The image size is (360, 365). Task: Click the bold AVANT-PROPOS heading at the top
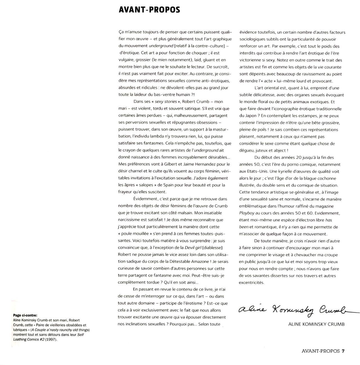(x=149, y=10)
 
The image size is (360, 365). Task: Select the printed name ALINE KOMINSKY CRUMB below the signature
(x=316, y=324)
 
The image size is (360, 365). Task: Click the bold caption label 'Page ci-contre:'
(x=25, y=315)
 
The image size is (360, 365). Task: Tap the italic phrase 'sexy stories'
(x=166, y=102)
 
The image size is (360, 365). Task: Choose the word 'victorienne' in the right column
(x=250, y=60)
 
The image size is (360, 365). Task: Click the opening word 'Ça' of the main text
(x=121, y=32)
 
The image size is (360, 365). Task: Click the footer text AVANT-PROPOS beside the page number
(x=320, y=351)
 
